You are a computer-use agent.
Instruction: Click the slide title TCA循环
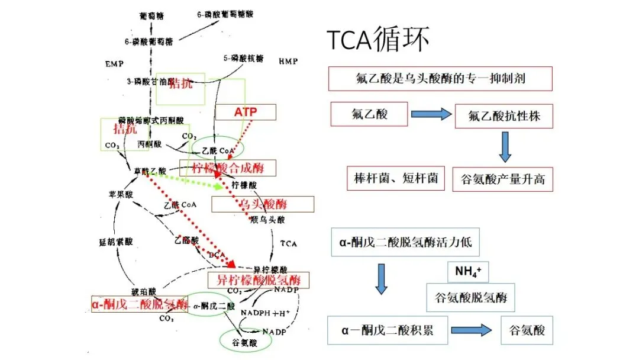[378, 40]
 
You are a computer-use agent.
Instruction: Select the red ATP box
[245, 112]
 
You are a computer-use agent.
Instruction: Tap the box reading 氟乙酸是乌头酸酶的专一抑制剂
[440, 78]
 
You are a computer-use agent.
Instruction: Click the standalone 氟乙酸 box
[370, 114]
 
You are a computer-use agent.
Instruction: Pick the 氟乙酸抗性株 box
[505, 117]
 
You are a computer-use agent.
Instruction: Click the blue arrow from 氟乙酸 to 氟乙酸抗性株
[431, 114]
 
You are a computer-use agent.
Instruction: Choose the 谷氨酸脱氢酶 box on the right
[470, 297]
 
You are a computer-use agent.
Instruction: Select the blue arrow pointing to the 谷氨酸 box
[477, 330]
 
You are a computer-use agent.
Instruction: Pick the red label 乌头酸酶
[263, 204]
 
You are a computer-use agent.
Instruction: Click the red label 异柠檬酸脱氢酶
[259, 279]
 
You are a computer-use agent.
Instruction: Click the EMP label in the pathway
[115, 63]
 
